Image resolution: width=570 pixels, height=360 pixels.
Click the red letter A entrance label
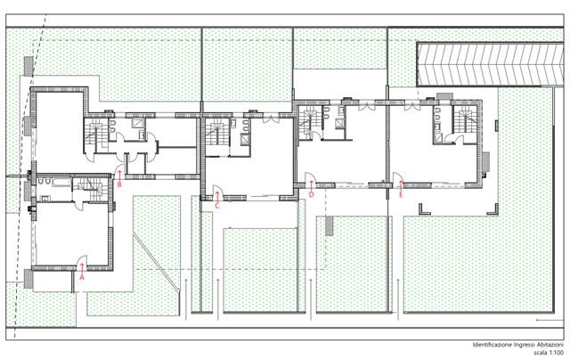coord(82,277)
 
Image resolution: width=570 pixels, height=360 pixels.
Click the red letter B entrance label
coord(119,184)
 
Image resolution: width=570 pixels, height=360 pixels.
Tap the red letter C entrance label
coord(217,206)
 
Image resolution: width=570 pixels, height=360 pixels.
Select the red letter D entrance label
coord(311,194)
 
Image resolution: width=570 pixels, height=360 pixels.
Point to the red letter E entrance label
coord(401,194)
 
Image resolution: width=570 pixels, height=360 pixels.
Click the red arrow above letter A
coord(82,268)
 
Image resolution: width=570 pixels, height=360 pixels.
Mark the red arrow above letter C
coord(217,197)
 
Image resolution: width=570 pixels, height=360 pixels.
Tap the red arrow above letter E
coord(401,185)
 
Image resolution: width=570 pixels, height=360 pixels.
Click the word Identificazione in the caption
coord(493,345)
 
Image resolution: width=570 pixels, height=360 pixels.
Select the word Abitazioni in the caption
coord(550,345)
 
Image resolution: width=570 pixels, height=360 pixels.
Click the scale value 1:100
coord(556,352)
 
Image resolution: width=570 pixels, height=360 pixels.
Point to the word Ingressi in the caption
coord(525,345)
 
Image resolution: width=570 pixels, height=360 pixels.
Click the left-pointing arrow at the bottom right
coord(549,320)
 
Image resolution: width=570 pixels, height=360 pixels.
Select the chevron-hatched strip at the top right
coord(490,64)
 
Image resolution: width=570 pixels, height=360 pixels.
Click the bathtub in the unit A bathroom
coord(61,182)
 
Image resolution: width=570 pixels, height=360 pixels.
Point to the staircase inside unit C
coord(217,132)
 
